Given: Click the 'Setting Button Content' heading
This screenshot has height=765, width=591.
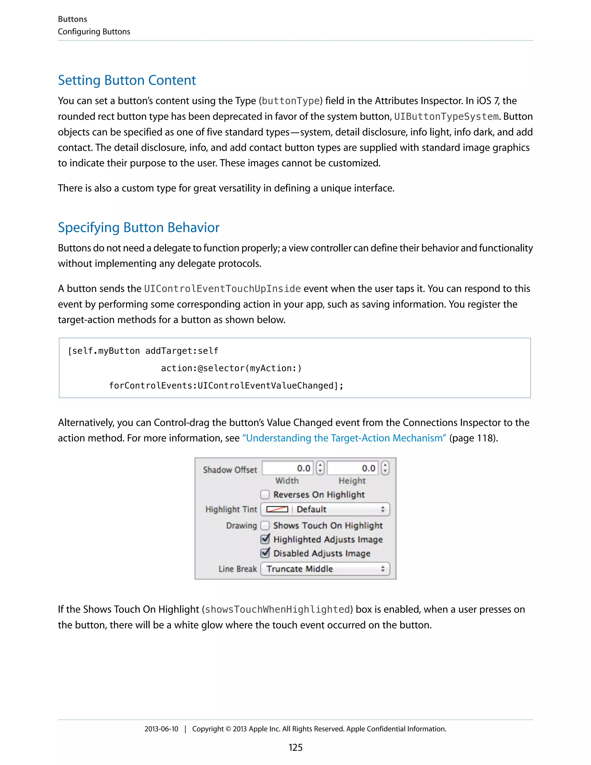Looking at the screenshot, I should [127, 80].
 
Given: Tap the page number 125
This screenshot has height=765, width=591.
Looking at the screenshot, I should [295, 747].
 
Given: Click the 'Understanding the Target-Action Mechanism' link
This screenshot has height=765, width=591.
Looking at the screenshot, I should [344, 438].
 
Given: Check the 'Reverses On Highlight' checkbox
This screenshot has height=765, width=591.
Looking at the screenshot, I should [265, 494].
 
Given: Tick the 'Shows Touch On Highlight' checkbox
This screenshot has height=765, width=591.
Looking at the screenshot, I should [265, 525].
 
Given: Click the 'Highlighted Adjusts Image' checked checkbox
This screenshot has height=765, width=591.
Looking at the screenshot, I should [265, 539].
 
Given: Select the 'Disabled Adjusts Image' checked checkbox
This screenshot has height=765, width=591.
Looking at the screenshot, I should [265, 553].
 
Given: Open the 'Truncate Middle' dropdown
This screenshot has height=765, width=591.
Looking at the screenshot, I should [325, 569].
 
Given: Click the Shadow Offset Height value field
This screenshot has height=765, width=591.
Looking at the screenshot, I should [353, 468].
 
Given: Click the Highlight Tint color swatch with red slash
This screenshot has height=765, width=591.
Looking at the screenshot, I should [277, 509].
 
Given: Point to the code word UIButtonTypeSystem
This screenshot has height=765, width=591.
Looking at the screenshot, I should [446, 117].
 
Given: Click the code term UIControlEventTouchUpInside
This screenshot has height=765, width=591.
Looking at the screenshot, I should [222, 289].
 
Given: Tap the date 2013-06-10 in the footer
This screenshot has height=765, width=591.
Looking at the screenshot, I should [161, 729].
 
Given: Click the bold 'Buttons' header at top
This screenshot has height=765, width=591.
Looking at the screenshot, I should [72, 19].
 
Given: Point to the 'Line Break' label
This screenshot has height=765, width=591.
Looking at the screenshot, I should [238, 569].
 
